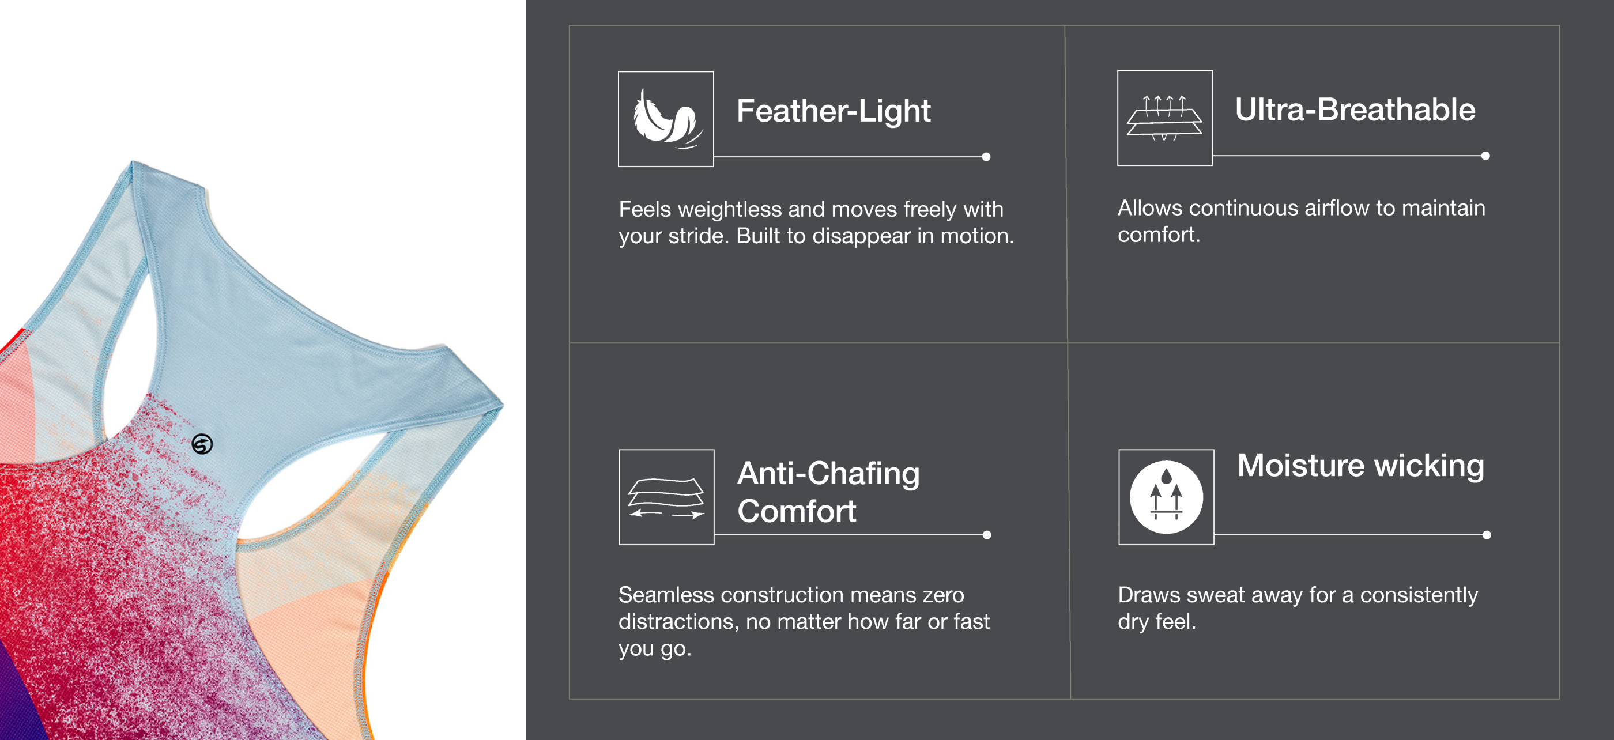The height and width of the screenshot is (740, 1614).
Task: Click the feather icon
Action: click(x=666, y=119)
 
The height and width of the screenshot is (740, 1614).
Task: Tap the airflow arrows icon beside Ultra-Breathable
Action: click(x=1165, y=118)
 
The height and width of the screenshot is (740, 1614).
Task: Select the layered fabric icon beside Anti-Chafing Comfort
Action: click(x=666, y=497)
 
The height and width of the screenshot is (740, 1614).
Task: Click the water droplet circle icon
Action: click(x=1166, y=497)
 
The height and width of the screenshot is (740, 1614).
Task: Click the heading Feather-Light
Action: click(x=834, y=111)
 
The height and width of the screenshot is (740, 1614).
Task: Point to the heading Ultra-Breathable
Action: click(x=1355, y=110)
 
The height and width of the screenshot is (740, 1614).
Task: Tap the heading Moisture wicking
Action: click(x=1360, y=466)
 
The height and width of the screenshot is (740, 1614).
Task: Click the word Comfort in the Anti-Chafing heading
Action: click(x=797, y=511)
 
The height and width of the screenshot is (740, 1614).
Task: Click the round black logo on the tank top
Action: click(x=202, y=444)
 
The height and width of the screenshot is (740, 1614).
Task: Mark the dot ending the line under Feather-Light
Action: click(x=986, y=157)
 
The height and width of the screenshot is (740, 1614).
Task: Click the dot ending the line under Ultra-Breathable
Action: click(x=1485, y=156)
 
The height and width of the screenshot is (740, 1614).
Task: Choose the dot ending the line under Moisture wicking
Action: click(x=1487, y=535)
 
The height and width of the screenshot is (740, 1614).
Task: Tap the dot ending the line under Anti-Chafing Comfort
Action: click(x=987, y=535)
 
